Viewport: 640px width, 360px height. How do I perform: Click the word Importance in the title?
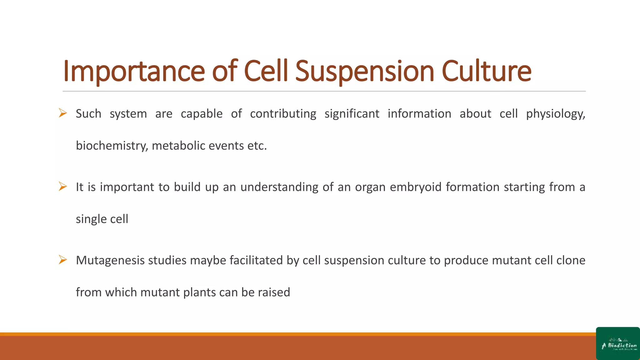[x=134, y=71]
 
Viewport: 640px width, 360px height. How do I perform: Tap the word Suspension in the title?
[x=364, y=71]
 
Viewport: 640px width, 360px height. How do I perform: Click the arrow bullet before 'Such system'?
[x=63, y=113]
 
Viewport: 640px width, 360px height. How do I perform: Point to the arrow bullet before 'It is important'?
[x=63, y=187]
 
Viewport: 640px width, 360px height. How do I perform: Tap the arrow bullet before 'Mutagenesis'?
[x=63, y=260]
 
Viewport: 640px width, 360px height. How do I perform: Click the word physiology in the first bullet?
[x=555, y=114]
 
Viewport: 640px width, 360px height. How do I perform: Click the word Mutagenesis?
[x=110, y=260]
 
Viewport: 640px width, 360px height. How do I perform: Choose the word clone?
[x=571, y=260]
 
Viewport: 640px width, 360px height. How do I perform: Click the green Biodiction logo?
[x=618, y=344]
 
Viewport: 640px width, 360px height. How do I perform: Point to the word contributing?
[x=283, y=114]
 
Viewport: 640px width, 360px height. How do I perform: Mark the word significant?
[x=352, y=114]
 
